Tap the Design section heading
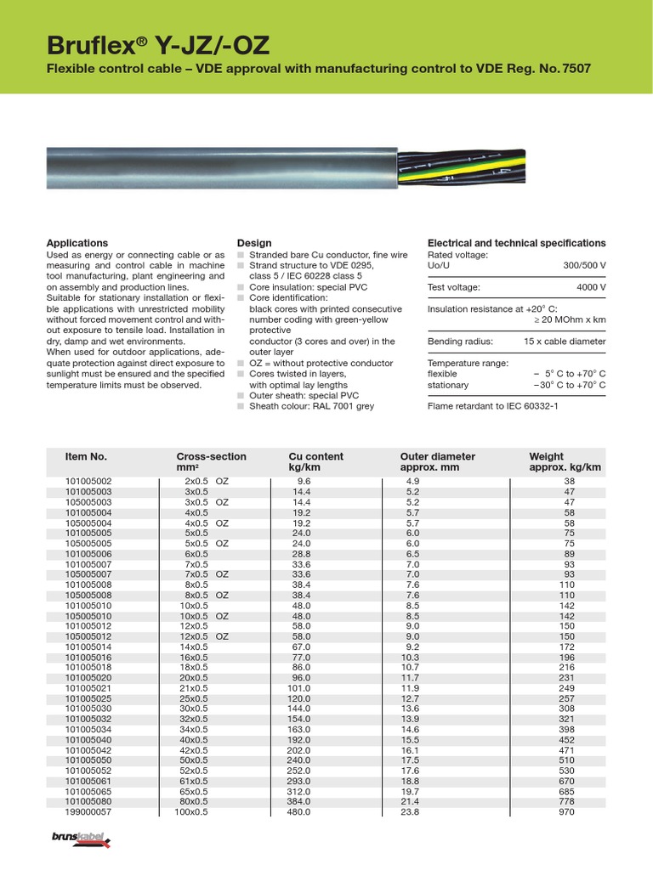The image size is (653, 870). [x=254, y=243]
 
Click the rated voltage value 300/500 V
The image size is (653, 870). [x=584, y=266]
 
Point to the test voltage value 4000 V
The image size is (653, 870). [x=591, y=288]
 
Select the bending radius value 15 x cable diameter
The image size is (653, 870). [x=565, y=342]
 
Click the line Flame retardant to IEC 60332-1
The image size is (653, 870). [x=494, y=406]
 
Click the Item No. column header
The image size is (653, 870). [x=86, y=456]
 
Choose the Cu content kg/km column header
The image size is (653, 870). [x=315, y=462]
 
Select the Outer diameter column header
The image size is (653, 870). [x=437, y=462]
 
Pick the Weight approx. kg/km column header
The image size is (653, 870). [x=565, y=462]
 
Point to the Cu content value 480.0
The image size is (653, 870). [x=301, y=812]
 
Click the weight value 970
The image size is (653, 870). [x=588, y=812]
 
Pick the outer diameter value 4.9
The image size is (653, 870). [x=412, y=481]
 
